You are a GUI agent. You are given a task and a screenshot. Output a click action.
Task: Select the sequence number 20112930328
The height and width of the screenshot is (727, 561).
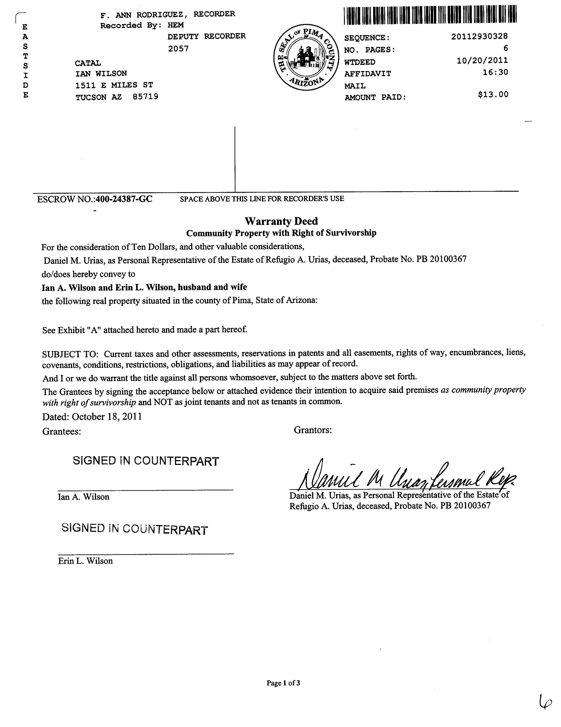479,36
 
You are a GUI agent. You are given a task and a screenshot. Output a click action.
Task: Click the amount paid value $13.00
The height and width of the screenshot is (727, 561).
493,95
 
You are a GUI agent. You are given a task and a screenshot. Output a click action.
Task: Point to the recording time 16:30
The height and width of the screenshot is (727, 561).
495,72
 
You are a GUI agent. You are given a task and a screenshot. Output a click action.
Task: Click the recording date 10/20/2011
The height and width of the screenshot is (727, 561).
482,60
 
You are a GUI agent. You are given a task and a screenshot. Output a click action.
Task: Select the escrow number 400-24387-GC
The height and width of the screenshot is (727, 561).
124,199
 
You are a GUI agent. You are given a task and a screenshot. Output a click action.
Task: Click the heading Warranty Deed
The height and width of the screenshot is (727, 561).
281,221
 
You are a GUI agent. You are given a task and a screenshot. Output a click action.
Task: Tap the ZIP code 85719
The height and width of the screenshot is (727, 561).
145,97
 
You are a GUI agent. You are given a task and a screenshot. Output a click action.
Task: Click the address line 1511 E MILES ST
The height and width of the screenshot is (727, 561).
114,85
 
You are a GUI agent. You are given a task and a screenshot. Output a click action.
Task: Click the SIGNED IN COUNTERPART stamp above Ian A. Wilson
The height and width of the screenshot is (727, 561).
146,461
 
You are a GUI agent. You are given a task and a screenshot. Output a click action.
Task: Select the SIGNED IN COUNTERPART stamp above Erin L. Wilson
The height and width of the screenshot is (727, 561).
135,529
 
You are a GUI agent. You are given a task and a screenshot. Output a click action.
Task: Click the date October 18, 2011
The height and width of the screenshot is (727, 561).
107,417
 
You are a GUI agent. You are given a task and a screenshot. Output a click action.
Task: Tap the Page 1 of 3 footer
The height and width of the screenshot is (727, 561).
283,683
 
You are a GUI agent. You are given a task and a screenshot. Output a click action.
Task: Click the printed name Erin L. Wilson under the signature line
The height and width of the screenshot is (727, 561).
85,561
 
